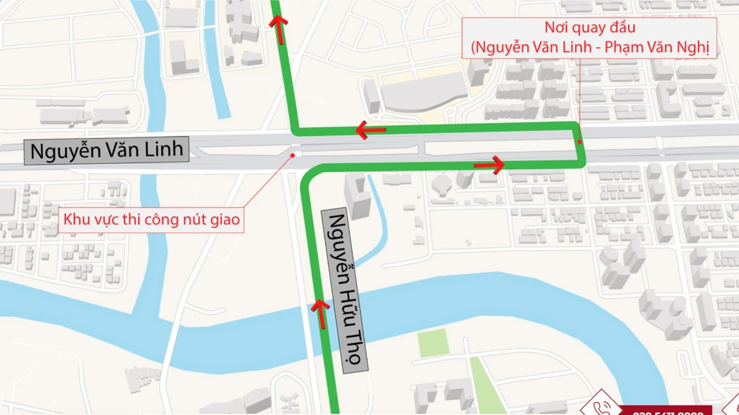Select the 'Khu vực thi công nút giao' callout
pos(151,219)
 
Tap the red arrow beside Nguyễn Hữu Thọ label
pos(321,314)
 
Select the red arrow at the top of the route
pos(278,23)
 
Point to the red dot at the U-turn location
pos(580,142)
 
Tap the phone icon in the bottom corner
pos(596,407)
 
